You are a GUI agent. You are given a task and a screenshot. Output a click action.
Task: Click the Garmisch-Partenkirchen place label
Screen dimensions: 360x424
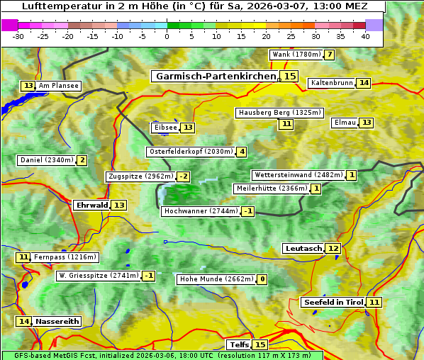pyautogui.click(x=215, y=76)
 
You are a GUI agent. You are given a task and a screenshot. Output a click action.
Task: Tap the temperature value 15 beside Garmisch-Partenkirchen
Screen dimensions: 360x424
pyautogui.click(x=289, y=76)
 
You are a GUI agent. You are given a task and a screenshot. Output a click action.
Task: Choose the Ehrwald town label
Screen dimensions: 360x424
pyautogui.click(x=91, y=205)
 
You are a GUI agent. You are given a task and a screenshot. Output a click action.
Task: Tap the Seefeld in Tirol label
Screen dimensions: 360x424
pyautogui.click(x=333, y=303)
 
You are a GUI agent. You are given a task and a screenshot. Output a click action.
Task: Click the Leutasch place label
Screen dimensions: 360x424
pyautogui.click(x=303, y=248)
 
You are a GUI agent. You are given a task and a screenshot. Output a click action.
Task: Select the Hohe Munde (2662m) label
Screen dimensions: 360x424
pyautogui.click(x=216, y=279)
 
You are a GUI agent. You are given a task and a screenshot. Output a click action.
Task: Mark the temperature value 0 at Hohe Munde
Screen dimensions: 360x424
pyautogui.click(x=262, y=279)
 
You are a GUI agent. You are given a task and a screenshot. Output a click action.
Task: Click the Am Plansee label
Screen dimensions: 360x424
pyautogui.click(x=58, y=86)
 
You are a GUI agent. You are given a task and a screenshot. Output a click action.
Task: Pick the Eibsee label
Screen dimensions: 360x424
pyautogui.click(x=165, y=128)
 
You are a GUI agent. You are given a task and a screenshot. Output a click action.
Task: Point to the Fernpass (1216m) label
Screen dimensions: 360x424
pyautogui.click(x=65, y=257)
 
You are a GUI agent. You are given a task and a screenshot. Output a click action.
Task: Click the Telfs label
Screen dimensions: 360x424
pyautogui.click(x=239, y=345)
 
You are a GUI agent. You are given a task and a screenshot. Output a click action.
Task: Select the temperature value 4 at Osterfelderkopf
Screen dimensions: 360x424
pyautogui.click(x=242, y=152)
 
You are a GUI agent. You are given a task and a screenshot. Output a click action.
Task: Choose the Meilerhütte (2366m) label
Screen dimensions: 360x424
pyautogui.click(x=272, y=189)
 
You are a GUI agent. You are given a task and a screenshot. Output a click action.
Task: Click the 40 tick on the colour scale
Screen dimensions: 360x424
pyautogui.click(x=365, y=36)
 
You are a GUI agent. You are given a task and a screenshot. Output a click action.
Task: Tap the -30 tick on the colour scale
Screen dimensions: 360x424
pyautogui.click(x=18, y=36)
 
